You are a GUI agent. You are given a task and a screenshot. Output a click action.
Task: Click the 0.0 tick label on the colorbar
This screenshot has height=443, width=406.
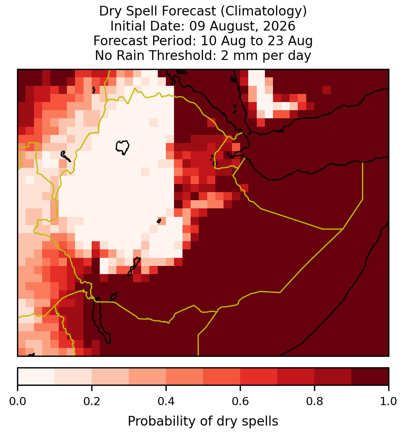point(17,401)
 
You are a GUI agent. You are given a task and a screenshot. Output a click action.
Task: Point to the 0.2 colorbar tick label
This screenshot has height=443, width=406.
point(92,401)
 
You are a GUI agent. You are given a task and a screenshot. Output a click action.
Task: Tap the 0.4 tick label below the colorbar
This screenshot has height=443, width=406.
point(166,401)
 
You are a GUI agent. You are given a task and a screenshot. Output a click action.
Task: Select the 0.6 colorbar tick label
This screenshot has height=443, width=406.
point(241,401)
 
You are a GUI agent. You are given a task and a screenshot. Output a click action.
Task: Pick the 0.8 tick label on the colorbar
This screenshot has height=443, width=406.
point(315,401)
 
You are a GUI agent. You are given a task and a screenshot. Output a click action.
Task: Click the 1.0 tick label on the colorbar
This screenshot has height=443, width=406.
point(389,401)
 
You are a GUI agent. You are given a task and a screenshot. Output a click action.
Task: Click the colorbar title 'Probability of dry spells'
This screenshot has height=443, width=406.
point(203,421)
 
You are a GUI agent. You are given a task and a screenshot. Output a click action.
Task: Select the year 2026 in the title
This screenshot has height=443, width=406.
point(279,26)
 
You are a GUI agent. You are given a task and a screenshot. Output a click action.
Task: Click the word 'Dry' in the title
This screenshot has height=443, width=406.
point(111,11)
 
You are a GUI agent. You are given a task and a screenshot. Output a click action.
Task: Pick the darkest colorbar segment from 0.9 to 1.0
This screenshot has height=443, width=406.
point(370,377)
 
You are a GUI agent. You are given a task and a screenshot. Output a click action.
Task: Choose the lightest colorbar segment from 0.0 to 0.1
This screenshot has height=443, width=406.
point(36,377)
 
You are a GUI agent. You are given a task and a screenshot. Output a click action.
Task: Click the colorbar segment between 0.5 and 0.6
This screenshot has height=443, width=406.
point(222,377)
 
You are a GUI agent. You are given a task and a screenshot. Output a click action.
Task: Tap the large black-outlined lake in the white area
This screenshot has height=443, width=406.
point(123,147)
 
